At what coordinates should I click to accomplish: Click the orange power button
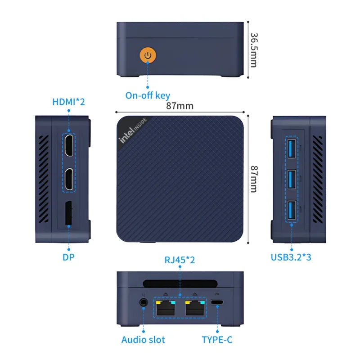coord(148,56)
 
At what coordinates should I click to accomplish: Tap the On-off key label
coord(148,95)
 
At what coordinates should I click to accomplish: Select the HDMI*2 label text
coord(68,102)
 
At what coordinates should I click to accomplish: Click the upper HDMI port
coord(68,145)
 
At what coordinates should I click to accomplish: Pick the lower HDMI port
coord(68,179)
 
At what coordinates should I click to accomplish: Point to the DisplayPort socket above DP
coord(68,213)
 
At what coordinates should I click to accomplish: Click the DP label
coord(68,257)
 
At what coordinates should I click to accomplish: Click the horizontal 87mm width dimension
coord(180,106)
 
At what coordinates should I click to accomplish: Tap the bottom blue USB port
coord(291,211)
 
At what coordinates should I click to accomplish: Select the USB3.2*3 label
coord(292,257)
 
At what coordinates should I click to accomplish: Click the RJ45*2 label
coord(180,260)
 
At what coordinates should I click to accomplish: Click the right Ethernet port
coord(194,308)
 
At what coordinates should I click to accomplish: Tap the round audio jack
coord(144,303)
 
